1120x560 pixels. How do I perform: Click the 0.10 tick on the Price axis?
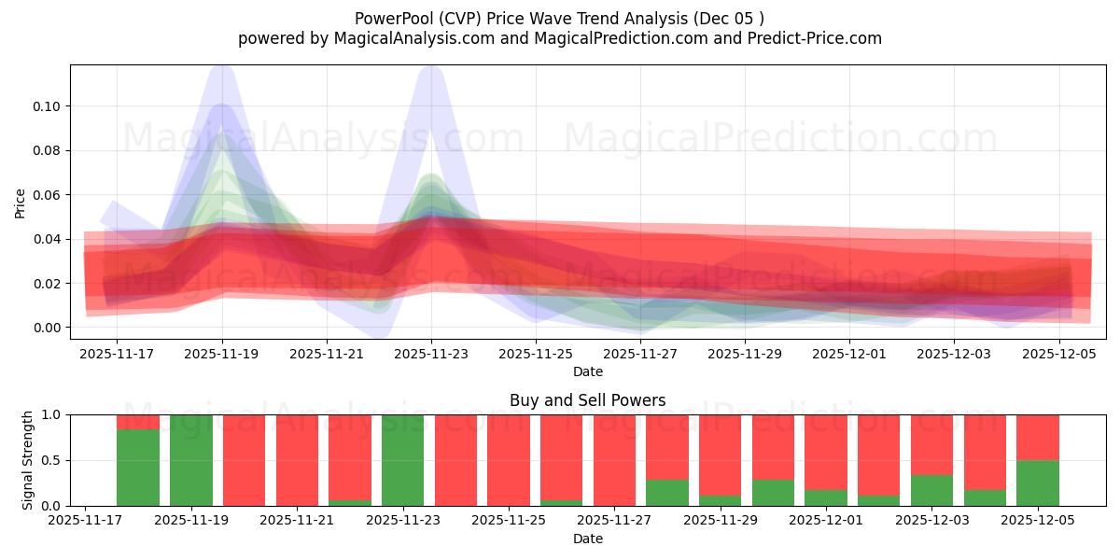pos(47,106)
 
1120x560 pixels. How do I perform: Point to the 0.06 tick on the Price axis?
pos(47,195)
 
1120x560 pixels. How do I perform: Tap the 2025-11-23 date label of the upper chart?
pos(431,354)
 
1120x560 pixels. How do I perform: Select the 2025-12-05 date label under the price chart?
pos(1058,354)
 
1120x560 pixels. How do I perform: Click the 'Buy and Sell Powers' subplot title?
pos(587,400)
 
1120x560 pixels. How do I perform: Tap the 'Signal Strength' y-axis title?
pos(28,459)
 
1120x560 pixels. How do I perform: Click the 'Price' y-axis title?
pos(21,202)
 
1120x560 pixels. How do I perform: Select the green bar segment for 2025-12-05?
pos(1038,483)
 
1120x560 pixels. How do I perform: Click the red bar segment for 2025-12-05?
pos(1038,437)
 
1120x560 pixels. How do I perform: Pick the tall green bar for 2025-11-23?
pos(402,460)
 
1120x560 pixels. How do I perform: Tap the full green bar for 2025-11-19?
pos(190,460)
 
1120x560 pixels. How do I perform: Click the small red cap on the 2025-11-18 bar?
pos(138,422)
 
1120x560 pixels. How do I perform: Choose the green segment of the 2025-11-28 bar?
pos(667,493)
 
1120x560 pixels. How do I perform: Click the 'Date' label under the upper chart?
pos(587,371)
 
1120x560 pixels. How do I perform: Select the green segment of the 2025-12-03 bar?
pos(931,491)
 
